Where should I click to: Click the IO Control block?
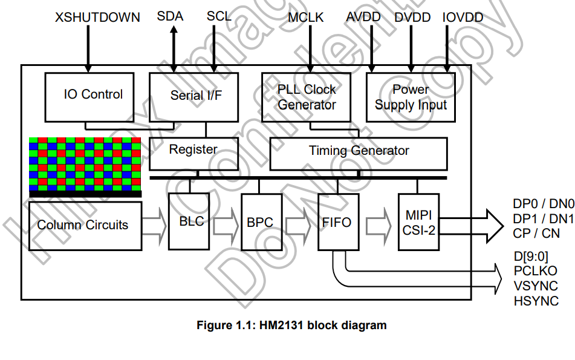(89, 97)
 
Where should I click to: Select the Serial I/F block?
(193, 97)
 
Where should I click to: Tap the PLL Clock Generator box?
(306, 97)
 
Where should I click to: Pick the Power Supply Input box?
(411, 97)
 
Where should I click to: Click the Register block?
(193, 154)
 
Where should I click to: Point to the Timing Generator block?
(359, 154)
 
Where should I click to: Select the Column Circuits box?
(85, 226)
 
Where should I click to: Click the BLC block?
(189, 221)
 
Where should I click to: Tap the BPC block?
(262, 222)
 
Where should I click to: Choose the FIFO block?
(339, 222)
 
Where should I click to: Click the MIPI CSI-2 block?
(419, 222)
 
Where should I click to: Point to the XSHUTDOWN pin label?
(97, 18)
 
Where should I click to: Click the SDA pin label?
(170, 16)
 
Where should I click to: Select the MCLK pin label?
(306, 18)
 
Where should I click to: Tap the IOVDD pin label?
(463, 18)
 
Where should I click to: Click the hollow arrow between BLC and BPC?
(226, 225)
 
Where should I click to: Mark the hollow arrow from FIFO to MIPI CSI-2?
(379, 225)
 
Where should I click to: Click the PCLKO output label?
(535, 271)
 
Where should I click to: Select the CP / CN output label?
(536, 234)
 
